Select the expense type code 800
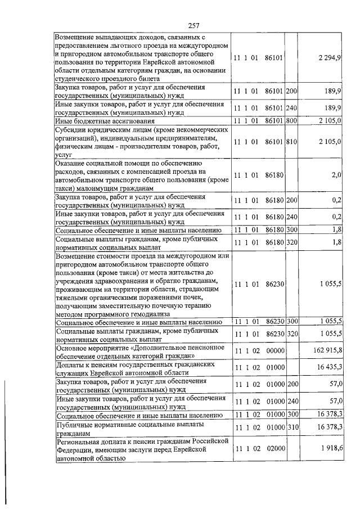(291, 120)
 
